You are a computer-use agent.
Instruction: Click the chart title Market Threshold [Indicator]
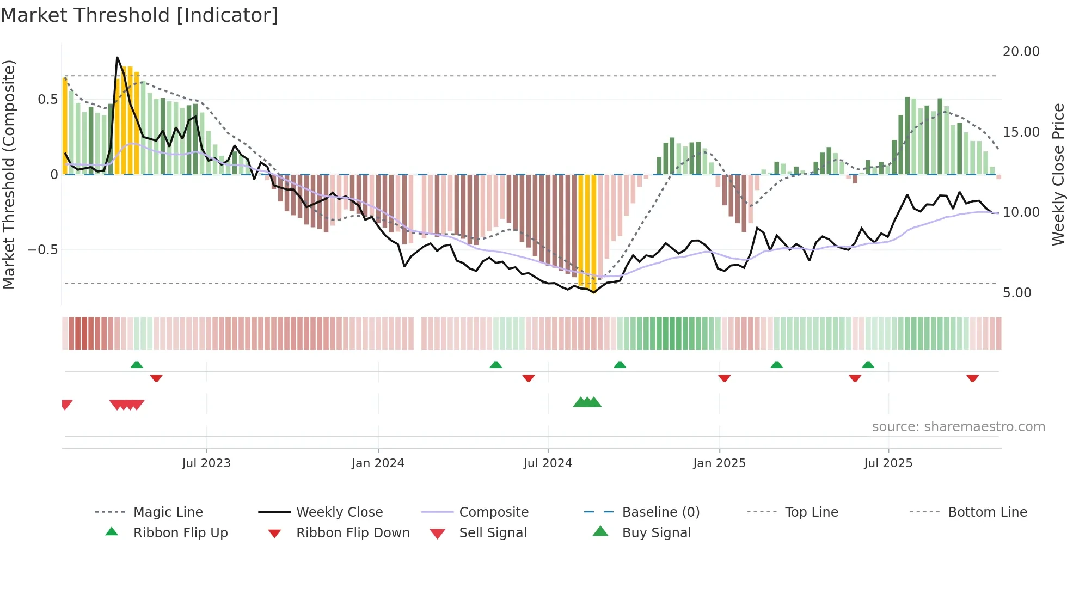(139, 15)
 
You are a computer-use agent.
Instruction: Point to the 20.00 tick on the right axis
(1021, 52)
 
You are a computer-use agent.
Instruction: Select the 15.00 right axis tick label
(1021, 132)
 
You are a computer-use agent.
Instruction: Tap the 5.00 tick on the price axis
(1017, 293)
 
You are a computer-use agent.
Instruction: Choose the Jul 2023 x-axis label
(206, 463)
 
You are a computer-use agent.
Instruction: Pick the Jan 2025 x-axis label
(719, 463)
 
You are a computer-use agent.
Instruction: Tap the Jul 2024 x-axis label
(548, 463)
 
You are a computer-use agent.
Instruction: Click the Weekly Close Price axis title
(1058, 174)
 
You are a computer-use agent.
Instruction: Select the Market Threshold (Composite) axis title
(9, 174)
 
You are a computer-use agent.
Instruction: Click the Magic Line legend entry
(168, 512)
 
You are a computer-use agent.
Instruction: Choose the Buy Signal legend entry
(656, 533)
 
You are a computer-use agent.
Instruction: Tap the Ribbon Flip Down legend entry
(352, 533)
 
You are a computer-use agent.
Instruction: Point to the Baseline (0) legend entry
(660, 512)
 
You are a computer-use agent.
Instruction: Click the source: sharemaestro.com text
(958, 427)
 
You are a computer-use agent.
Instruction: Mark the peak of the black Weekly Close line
(117, 57)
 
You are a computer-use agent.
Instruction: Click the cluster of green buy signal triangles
(587, 402)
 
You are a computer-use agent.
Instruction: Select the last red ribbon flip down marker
(972, 378)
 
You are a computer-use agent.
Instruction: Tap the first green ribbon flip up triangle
(137, 365)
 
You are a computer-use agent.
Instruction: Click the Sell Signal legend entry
(492, 533)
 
